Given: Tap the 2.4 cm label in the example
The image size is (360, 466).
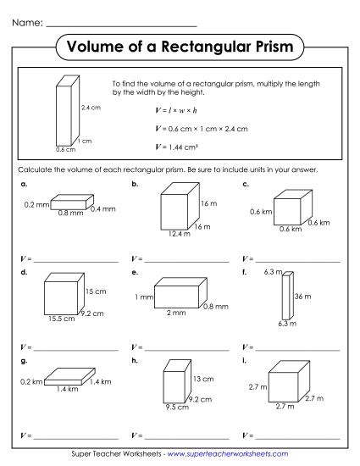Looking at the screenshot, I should (90, 108).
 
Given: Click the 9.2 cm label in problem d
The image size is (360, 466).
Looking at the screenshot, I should (91, 313).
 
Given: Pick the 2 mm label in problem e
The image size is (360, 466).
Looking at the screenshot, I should (175, 313).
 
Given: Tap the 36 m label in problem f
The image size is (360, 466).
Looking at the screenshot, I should (302, 297).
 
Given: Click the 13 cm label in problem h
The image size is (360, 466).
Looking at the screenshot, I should (202, 377).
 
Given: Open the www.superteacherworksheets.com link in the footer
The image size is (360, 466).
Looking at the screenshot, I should (229, 454).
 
